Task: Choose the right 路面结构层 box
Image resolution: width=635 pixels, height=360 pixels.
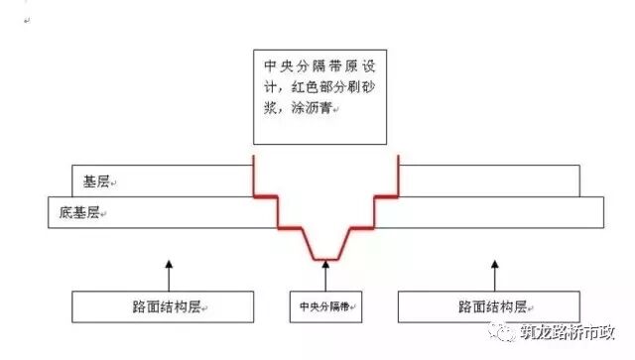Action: (x=487, y=306)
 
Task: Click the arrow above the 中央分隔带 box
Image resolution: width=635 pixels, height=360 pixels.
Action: (x=324, y=275)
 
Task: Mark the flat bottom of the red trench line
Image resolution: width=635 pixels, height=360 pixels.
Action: (x=325, y=259)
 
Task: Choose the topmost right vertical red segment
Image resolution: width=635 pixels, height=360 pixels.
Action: (x=398, y=174)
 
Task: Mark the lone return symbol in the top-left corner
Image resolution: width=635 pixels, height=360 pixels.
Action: (x=26, y=17)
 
